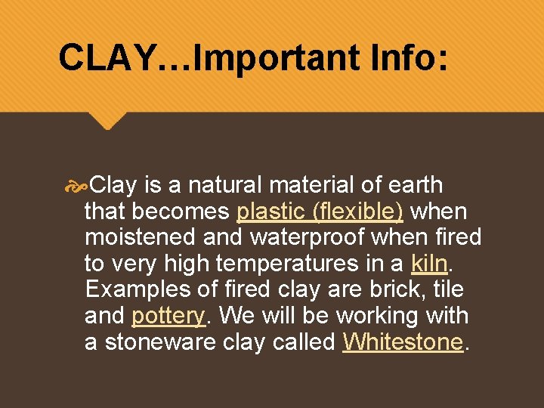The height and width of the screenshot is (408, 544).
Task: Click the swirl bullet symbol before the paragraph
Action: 76,185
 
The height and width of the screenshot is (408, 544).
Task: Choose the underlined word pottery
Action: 168,316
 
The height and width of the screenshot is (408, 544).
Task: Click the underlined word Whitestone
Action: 402,342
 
